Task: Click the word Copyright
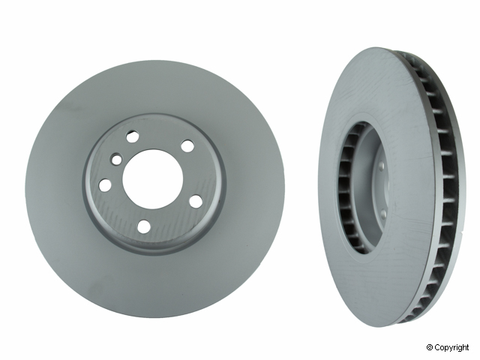coord(455,347)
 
